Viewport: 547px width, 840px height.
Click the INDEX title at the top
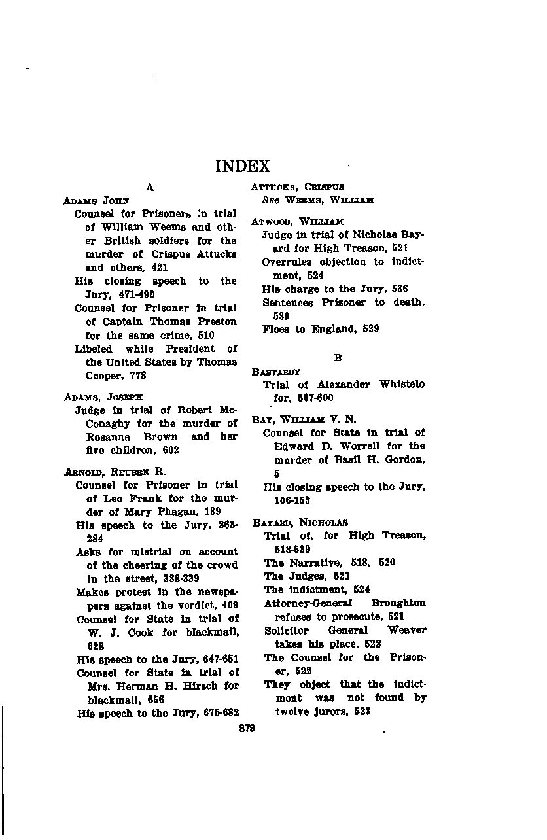pos(243,166)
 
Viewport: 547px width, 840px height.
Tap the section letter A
pos(150,187)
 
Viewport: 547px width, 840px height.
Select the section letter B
pos(338,358)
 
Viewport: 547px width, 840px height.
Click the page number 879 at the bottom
pos(247,727)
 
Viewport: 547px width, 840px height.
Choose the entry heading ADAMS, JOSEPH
pos(103,397)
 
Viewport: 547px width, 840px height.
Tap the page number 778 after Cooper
pos(137,376)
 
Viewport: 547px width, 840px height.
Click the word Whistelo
pos(400,385)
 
